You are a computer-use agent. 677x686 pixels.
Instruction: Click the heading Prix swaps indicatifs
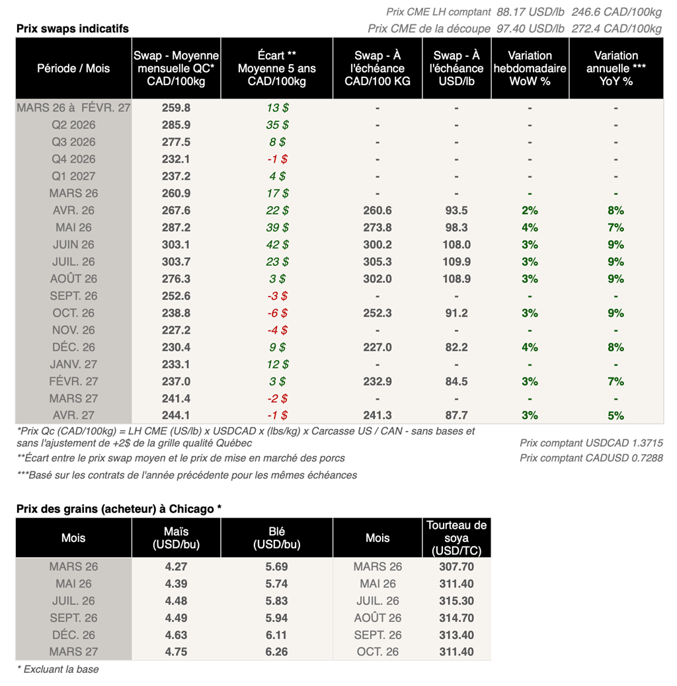[73, 28]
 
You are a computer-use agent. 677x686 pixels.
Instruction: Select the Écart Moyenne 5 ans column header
[276, 69]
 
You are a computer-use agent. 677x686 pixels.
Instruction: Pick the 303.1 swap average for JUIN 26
[176, 245]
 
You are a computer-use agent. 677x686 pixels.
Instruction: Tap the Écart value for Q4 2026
[276, 159]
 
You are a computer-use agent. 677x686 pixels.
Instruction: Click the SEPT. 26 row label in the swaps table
[73, 296]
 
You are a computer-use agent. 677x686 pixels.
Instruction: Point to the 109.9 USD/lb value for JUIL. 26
[456, 262]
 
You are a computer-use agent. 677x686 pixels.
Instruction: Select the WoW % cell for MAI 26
[530, 227]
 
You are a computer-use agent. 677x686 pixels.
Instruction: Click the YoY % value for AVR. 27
[616, 416]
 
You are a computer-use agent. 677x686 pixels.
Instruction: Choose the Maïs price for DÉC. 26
[176, 635]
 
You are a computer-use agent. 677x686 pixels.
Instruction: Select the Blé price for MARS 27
[276, 652]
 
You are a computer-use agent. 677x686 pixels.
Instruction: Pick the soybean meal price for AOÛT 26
[456, 618]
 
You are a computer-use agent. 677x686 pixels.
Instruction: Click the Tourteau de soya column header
[456, 538]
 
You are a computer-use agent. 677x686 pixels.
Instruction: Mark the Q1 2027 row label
[73, 176]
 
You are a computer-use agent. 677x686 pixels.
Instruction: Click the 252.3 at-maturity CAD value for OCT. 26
[377, 313]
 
